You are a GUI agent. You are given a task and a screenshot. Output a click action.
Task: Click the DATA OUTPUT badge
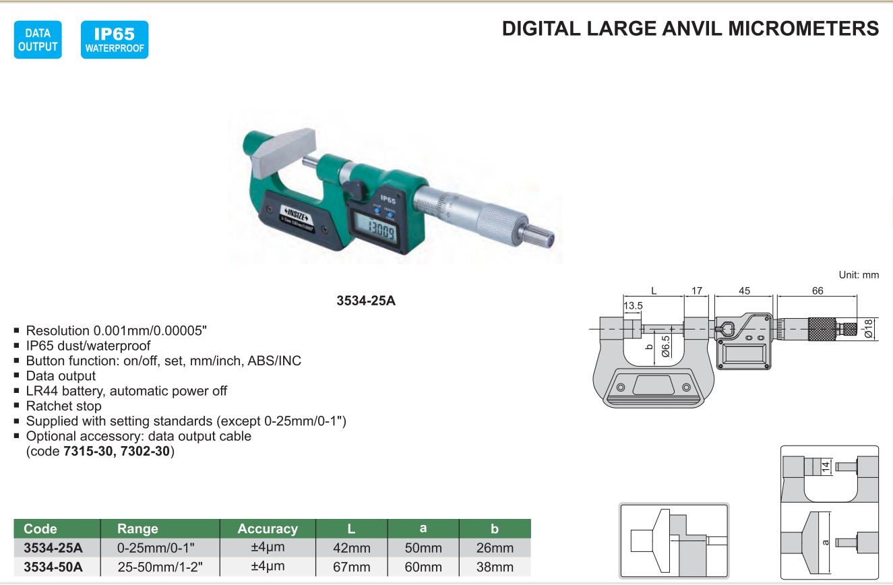coord(38,40)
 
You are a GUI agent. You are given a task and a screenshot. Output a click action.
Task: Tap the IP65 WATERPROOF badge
coord(115,40)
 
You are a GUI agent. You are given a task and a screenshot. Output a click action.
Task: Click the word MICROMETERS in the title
coord(803,29)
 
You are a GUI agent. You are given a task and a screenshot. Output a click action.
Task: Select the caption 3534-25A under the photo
coord(366,301)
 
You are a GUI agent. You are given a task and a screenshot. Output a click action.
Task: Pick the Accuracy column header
coord(268,529)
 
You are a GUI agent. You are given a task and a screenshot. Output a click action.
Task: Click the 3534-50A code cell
coord(53,567)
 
